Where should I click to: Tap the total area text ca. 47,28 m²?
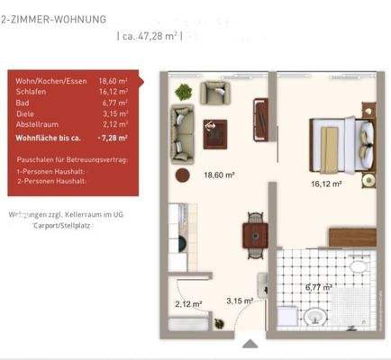[x=150, y=37]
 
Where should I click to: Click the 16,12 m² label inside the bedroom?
[x=325, y=184]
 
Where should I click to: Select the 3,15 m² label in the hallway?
[x=239, y=300]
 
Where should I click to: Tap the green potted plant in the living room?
[x=184, y=91]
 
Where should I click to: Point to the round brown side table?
[x=181, y=175]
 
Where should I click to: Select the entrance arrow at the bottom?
[x=248, y=342]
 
